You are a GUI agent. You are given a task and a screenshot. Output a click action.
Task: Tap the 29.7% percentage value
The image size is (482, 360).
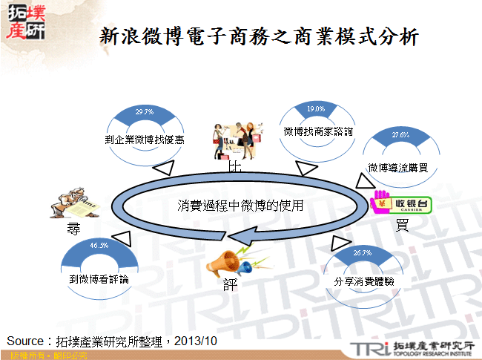pos(145,112)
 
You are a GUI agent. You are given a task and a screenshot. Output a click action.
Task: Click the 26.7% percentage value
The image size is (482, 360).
pos(363,253)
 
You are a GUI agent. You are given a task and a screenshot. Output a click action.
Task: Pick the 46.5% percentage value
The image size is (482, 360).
pos(99,245)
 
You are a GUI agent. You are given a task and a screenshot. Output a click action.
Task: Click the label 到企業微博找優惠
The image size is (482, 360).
pos(145,139)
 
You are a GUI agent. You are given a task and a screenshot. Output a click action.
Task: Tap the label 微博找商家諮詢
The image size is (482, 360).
pos(318,131)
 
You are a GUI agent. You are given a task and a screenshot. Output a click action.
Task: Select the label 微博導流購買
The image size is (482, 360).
pos(399,168)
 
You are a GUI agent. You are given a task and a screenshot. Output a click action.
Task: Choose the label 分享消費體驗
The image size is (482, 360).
pos(363,281)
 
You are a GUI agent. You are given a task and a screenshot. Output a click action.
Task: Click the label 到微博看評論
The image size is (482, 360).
pos(99,279)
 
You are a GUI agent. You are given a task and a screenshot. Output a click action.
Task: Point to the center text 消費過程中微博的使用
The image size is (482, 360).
pos(241,205)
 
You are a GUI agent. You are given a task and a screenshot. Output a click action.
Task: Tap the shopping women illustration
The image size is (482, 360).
pos(239,136)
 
